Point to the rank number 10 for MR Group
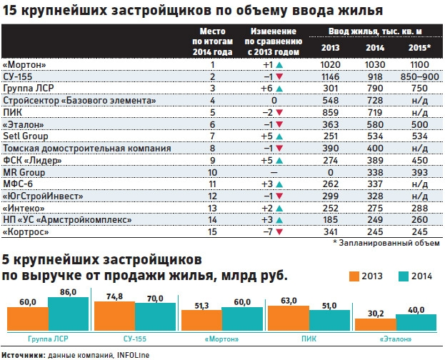(211, 172)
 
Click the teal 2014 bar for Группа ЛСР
(68, 313)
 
